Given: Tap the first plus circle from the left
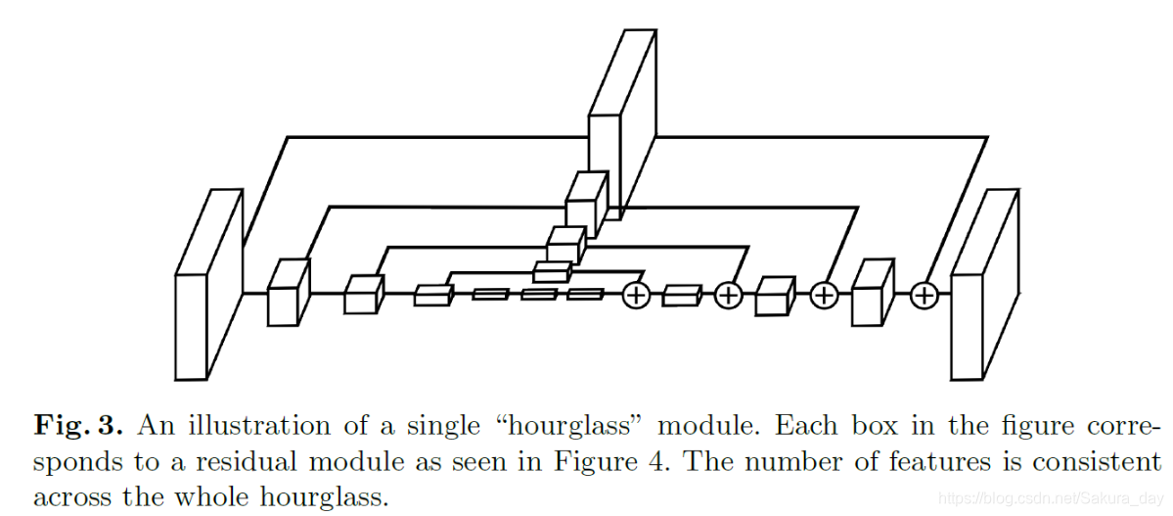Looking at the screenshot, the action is pos(637,294).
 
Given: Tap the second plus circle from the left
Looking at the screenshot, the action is pos(728,294).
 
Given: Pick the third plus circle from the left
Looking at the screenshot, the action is pos(824,294).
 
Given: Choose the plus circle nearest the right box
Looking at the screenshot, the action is pos(924,294).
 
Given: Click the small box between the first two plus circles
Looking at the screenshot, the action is pos(682,295).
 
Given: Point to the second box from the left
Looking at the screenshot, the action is pos(288,293).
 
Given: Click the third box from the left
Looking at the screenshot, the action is pos(361,295).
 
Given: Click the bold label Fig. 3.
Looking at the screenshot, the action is pos(78,426).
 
